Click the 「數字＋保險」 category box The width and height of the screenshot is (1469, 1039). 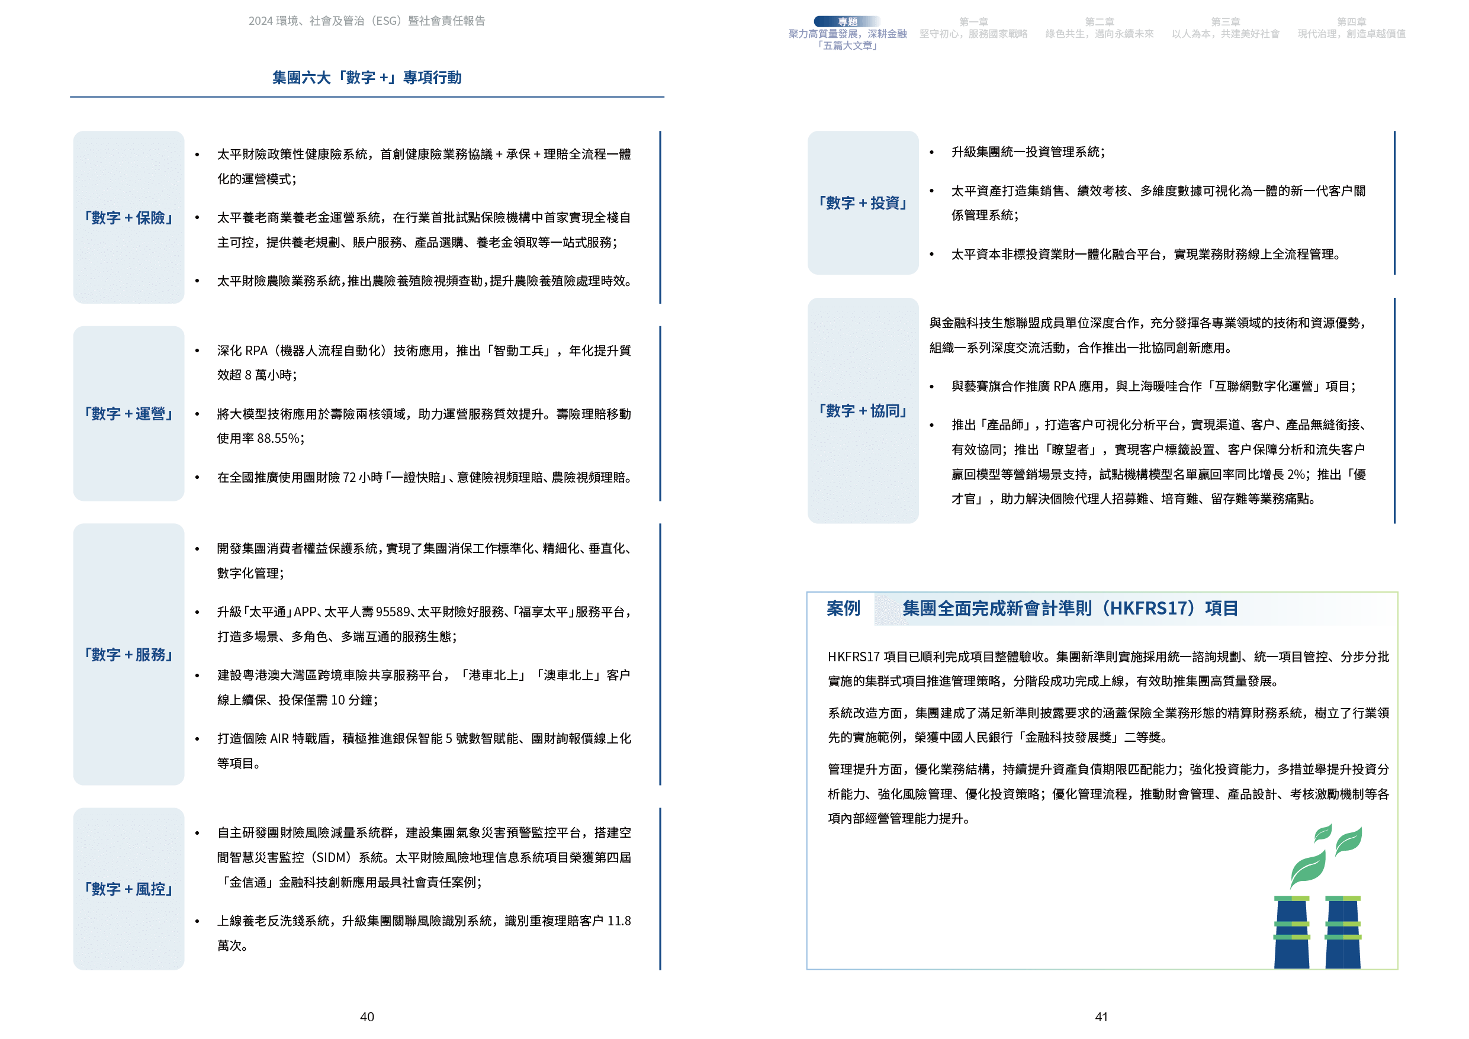[128, 217]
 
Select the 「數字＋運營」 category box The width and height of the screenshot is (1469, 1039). [128, 413]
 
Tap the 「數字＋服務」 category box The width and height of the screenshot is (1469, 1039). [128, 655]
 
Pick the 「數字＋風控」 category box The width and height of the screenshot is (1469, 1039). [128, 889]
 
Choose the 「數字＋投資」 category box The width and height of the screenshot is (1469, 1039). [863, 203]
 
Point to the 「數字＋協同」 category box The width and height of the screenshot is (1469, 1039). [863, 411]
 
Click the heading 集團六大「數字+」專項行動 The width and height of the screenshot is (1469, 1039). [367, 78]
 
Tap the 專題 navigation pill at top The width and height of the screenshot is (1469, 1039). [847, 22]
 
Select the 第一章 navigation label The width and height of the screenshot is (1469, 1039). [973, 22]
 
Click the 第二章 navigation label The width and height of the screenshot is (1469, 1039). [1099, 22]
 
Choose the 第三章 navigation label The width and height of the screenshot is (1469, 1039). [1225, 22]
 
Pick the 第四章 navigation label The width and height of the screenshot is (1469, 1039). [1351, 22]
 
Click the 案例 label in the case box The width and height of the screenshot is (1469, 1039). [843, 609]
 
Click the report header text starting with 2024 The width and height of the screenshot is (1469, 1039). [367, 21]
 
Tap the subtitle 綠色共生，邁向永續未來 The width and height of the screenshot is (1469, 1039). [1099, 34]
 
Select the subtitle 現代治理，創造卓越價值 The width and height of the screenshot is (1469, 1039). [1351, 34]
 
